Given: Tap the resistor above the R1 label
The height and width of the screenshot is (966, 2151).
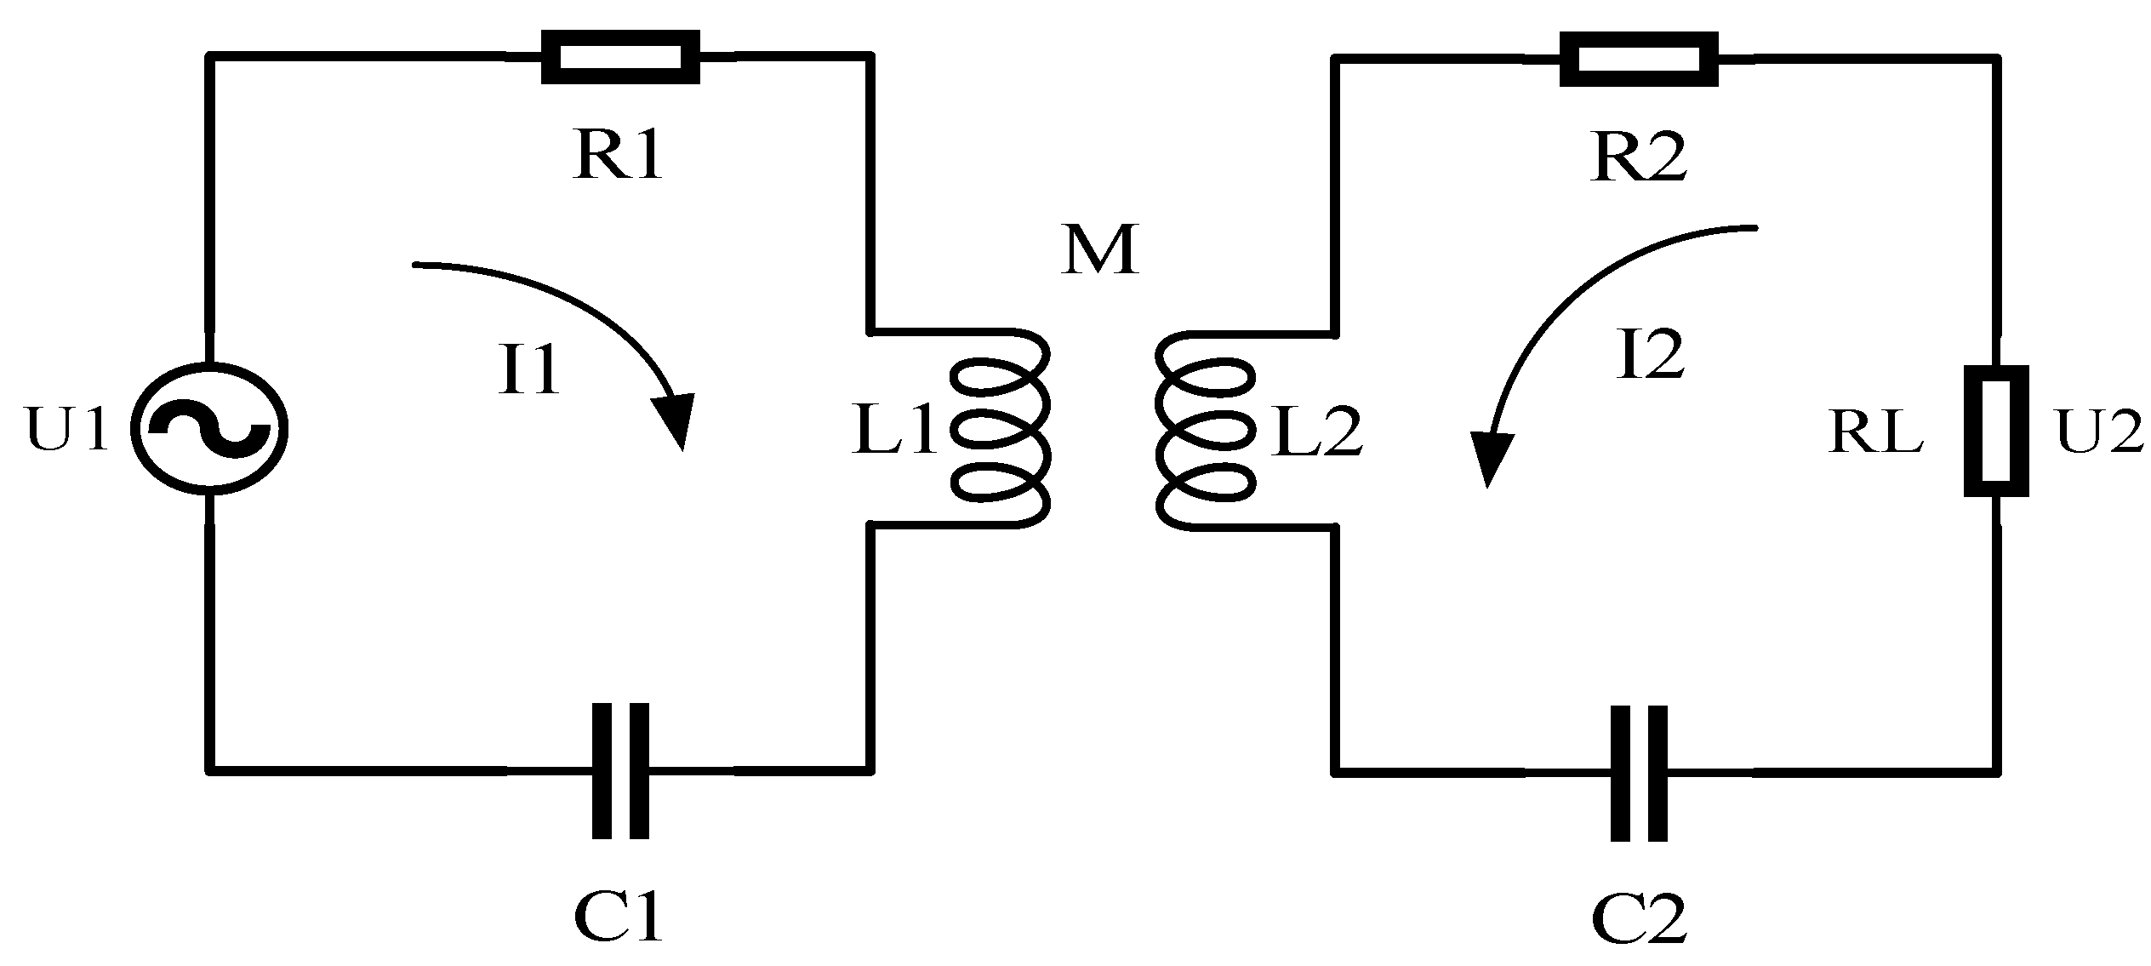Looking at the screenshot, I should coord(621,57).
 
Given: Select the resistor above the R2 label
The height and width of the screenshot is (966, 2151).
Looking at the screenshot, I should coord(1638,59).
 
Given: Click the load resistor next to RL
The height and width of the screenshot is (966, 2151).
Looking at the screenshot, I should coord(1995,431).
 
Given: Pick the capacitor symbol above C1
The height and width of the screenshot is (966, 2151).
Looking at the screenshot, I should coord(620,771).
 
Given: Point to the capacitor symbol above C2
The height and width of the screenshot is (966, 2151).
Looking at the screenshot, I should coord(1638,773).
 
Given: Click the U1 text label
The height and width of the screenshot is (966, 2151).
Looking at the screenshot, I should coord(67,429).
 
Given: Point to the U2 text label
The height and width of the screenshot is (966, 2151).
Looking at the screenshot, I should coord(2099,432).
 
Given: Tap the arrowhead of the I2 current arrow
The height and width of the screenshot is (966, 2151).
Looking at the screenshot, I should coord(1491,460).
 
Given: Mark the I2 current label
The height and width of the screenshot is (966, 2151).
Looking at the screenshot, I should coord(1649,355).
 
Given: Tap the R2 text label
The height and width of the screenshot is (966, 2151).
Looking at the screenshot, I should coord(1639,158).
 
